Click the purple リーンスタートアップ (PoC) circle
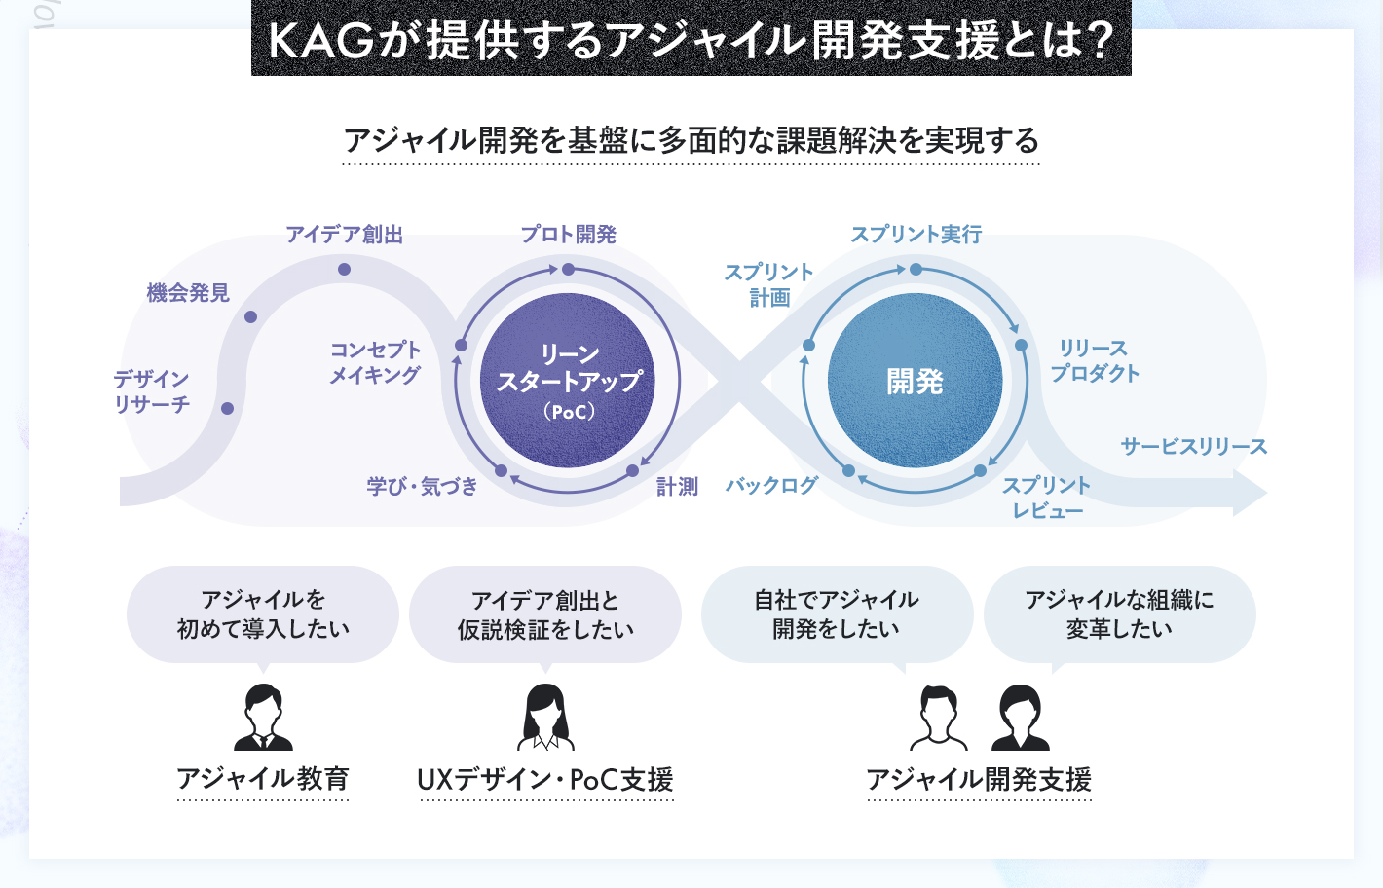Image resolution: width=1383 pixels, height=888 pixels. point(568,380)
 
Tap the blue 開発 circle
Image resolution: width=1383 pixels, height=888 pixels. point(915,380)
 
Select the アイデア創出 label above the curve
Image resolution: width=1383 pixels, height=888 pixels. point(344,235)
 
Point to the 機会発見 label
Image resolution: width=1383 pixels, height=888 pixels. point(188,292)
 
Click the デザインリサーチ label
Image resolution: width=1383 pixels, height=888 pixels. point(151,391)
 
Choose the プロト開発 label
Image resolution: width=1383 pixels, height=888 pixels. point(568,235)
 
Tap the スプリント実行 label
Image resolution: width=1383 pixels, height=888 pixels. point(916,235)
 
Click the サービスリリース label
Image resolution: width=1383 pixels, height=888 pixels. point(1193,446)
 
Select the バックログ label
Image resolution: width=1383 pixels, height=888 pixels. point(771,486)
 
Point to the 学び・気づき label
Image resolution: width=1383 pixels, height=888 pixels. point(423,486)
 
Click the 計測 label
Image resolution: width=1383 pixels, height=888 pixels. point(677,487)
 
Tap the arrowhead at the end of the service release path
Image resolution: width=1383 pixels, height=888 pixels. point(1250,493)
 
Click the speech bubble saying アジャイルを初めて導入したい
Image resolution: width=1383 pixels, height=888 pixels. point(263,614)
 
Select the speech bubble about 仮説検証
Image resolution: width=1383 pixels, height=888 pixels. point(545,614)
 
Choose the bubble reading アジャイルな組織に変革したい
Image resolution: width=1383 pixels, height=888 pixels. point(1119,614)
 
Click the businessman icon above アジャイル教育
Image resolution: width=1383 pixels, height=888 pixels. point(264,717)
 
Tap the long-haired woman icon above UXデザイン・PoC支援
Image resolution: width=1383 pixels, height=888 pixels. point(545,717)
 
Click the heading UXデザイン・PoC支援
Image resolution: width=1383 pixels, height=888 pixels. point(545,779)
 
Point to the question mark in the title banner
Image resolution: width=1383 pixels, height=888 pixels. point(1100,41)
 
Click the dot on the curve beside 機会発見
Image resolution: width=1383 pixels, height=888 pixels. point(250,316)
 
